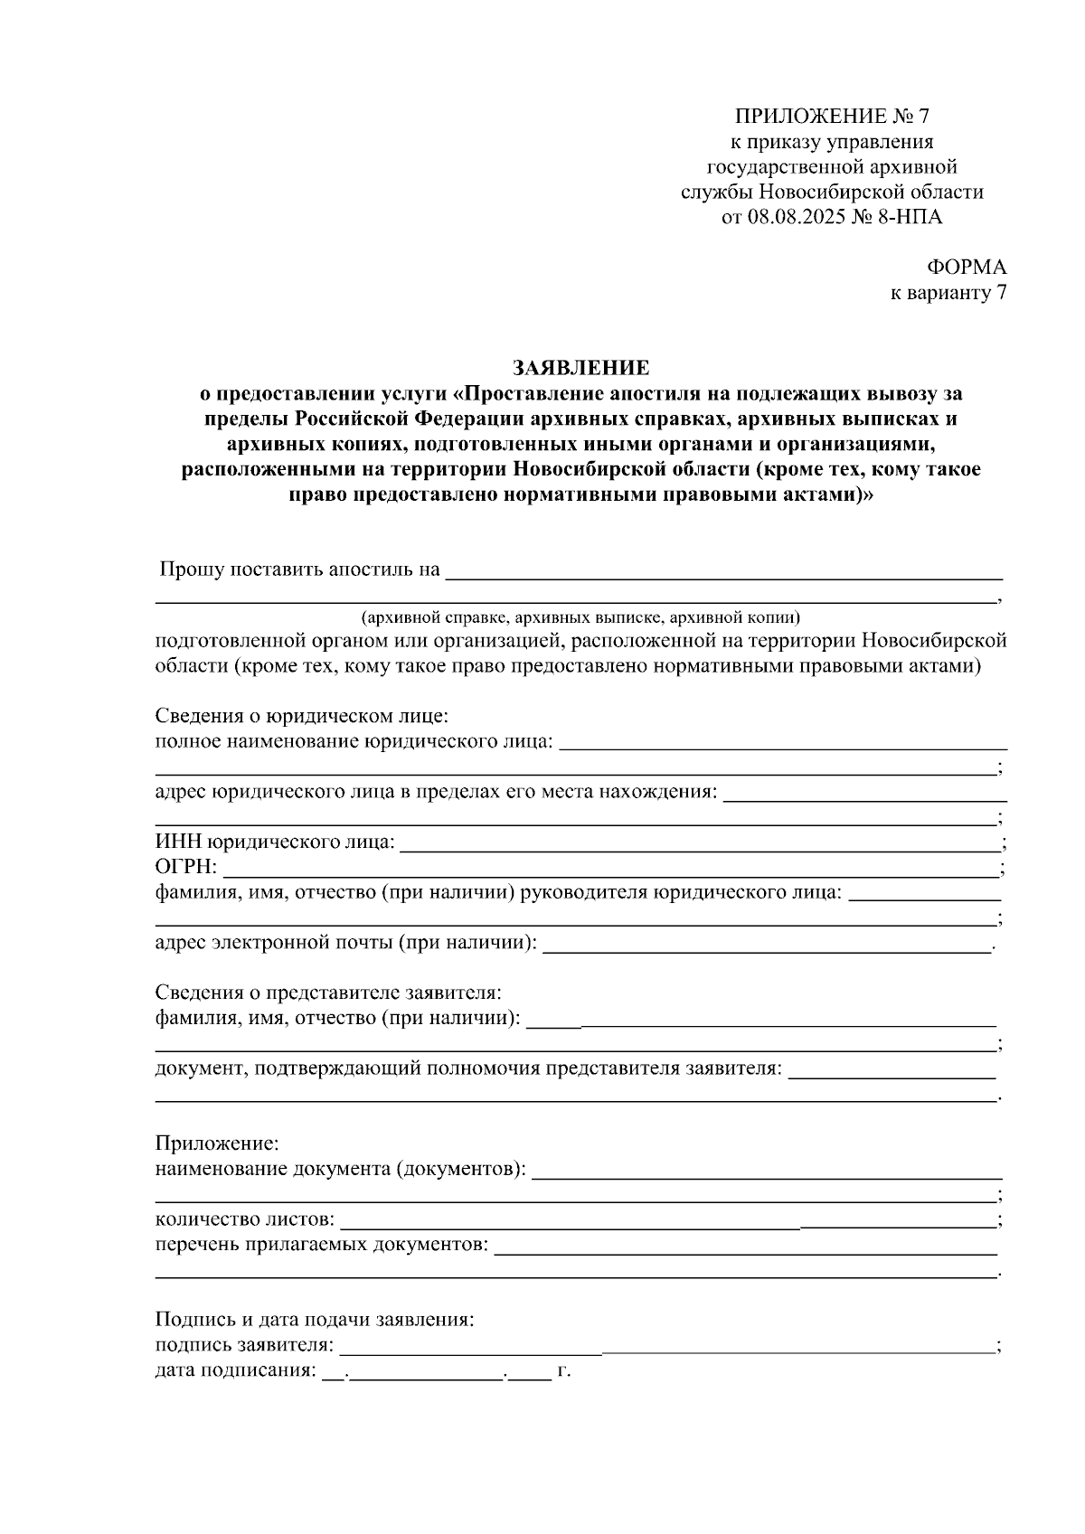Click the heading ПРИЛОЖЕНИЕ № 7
[832, 117]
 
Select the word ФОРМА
[966, 268]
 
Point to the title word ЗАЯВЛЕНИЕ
[580, 368]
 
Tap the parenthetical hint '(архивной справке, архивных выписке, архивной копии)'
[580, 618]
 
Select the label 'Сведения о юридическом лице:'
[302, 717]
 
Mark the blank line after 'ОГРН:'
[610, 869]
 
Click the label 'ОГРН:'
[186, 869]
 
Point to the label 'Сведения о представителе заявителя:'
[327, 993]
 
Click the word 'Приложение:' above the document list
[218, 1144]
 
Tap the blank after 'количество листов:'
[669, 1221]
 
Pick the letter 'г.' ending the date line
[564, 1371]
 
